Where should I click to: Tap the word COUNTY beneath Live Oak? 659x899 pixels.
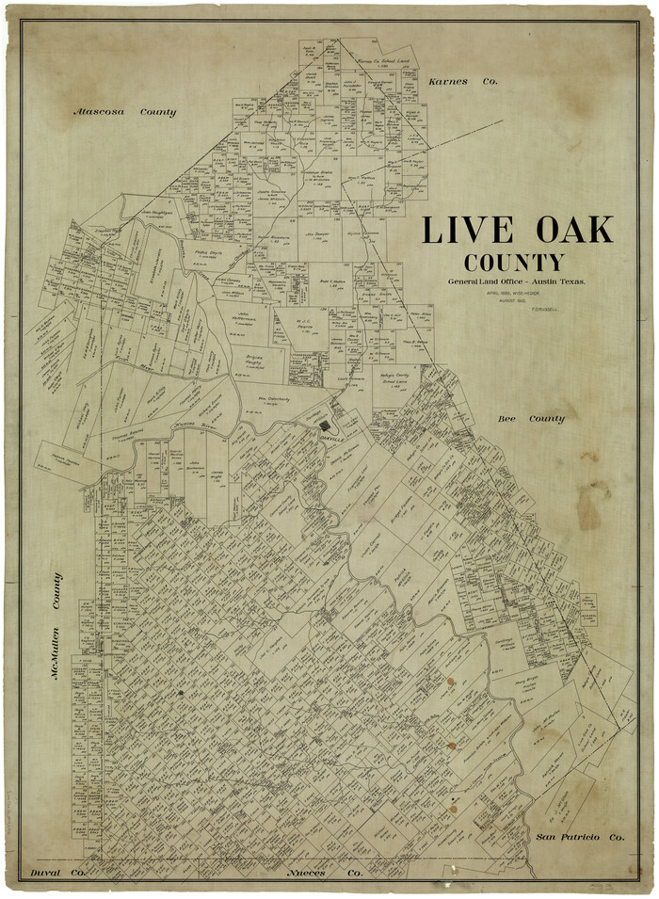point(514,263)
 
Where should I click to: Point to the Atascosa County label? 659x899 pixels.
point(125,112)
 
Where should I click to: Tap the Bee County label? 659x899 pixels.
point(533,418)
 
